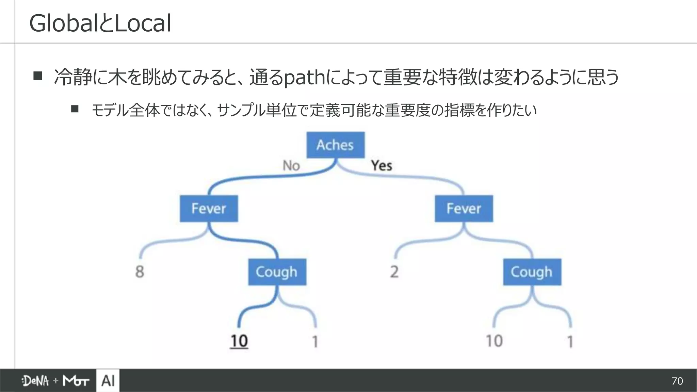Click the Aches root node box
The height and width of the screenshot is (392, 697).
click(x=335, y=145)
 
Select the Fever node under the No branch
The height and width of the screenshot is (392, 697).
click(x=209, y=209)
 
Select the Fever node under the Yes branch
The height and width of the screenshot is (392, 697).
click(x=464, y=209)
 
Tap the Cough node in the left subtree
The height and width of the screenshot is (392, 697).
click(x=277, y=272)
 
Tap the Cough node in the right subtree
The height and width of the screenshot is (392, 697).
click(x=532, y=272)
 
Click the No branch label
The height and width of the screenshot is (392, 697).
click(x=291, y=166)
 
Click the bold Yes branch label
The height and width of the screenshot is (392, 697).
click(x=382, y=166)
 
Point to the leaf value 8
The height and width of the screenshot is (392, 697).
click(x=140, y=272)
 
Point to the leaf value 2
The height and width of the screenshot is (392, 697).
click(x=394, y=272)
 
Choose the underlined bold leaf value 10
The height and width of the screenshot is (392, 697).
click(x=239, y=341)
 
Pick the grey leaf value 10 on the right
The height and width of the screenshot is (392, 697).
click(x=494, y=341)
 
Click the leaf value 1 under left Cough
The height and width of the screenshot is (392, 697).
click(x=315, y=342)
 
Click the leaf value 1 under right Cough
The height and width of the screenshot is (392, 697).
click(x=570, y=342)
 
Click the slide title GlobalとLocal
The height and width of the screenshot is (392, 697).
click(x=100, y=23)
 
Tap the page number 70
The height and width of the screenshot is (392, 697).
click(x=677, y=381)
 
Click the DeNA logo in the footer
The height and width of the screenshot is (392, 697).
click(x=35, y=381)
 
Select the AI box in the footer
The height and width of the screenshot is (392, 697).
click(x=108, y=380)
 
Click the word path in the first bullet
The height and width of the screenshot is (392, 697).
click(x=304, y=78)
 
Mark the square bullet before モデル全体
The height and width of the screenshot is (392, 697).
click(x=75, y=109)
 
